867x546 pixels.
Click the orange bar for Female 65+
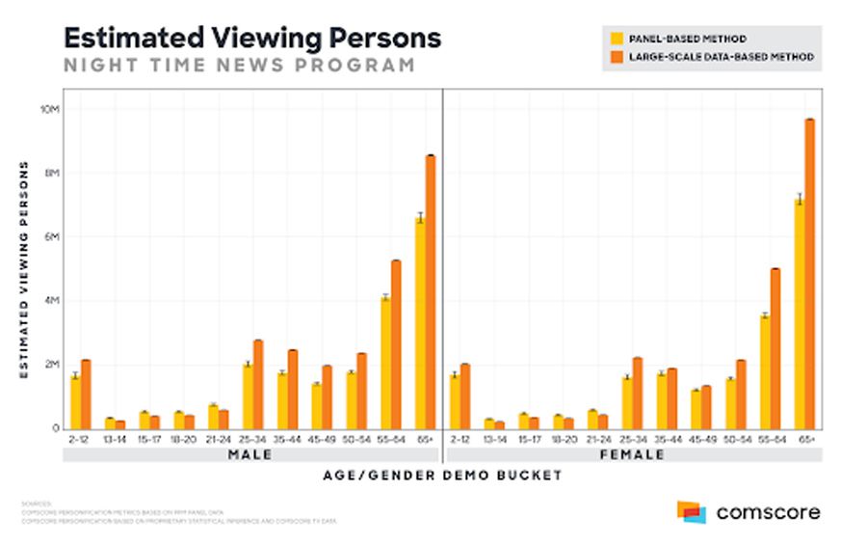point(810,275)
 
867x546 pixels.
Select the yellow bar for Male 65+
point(420,323)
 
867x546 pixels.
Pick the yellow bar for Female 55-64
point(765,371)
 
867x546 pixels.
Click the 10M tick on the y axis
point(51,109)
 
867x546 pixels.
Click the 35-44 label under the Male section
point(288,439)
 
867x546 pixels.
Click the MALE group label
point(250,454)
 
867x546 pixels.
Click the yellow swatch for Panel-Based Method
point(617,39)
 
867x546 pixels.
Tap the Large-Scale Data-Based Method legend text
point(722,57)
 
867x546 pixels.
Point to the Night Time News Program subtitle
point(239,66)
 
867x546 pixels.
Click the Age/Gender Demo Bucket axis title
point(443,476)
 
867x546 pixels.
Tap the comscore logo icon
point(691,512)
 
